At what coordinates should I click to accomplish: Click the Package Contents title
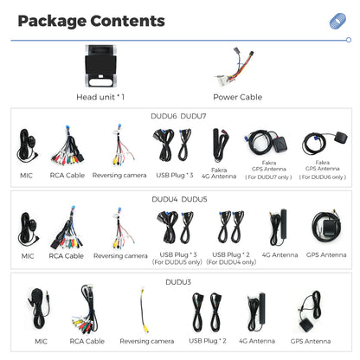91,22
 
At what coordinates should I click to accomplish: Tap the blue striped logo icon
337,21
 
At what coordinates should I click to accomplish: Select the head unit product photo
100,66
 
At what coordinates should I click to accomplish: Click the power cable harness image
235,67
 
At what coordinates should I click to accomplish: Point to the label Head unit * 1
100,97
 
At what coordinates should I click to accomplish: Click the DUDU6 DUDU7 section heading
178,116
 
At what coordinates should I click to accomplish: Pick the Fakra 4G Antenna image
219,145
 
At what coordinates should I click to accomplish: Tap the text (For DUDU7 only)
268,177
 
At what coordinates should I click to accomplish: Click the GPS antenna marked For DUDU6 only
325,144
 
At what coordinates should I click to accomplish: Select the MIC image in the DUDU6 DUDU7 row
27,146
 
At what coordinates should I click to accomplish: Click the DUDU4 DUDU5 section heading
179,199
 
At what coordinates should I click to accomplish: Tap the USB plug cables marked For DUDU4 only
231,227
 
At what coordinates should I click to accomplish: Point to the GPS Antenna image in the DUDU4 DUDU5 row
326,227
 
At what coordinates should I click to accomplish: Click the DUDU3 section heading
178,282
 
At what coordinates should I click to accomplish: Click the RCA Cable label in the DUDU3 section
87,341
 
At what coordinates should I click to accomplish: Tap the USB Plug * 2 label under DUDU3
208,341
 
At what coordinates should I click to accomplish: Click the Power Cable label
238,97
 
